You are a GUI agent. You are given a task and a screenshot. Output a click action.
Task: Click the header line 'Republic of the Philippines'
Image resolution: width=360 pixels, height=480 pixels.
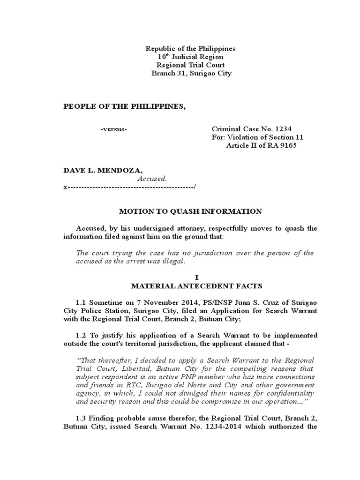coord(190,49)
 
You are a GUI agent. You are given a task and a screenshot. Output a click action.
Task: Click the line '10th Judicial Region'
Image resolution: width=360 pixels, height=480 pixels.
coord(190,57)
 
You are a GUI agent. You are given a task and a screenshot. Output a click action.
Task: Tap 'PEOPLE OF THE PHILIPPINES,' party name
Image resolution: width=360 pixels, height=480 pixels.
coord(125,106)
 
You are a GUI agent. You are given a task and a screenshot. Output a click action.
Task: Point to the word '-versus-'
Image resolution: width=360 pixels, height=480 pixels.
coord(113,129)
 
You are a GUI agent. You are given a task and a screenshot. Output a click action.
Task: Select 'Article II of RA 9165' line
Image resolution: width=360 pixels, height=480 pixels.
coord(262,145)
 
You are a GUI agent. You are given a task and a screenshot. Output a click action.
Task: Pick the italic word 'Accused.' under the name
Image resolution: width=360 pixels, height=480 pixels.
coord(152,179)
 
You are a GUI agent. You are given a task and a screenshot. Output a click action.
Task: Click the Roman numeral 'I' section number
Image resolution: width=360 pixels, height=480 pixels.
coord(190,277)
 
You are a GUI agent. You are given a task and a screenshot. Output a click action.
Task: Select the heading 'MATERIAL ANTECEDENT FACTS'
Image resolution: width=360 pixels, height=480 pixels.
coord(190,285)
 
